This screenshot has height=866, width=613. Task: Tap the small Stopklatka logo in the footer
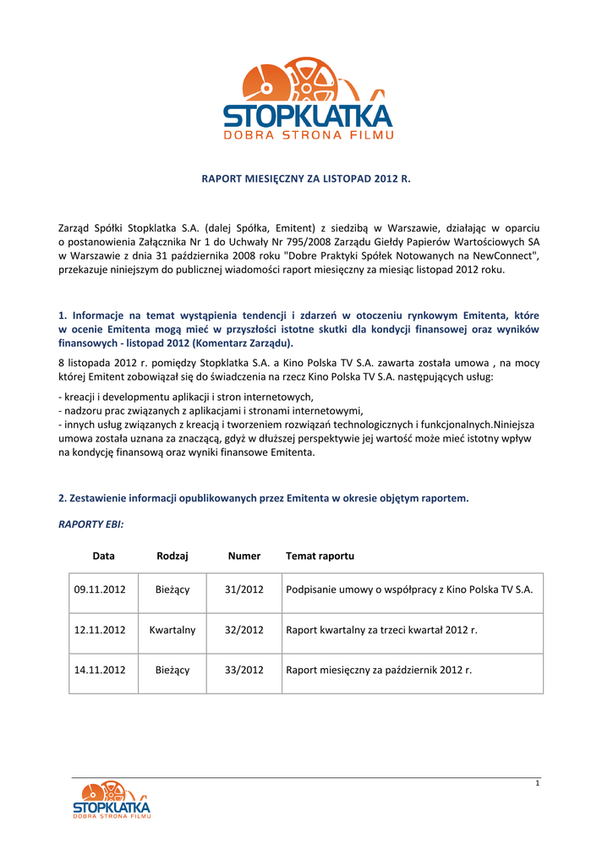tap(111, 800)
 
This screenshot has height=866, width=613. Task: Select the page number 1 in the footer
tap(537, 784)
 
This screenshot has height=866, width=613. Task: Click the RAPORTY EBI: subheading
tap(91, 524)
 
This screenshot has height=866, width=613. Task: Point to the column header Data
tap(104, 556)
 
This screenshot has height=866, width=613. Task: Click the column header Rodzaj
tap(172, 556)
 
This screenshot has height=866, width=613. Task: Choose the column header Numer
tap(244, 556)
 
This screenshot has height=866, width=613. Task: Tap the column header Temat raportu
tap(320, 556)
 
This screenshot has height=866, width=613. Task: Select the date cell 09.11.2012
tap(100, 589)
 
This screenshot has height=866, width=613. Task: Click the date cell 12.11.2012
tap(100, 630)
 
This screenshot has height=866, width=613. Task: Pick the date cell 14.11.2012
tap(100, 670)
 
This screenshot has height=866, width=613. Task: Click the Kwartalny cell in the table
tap(172, 630)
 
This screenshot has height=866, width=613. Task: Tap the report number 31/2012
tap(244, 589)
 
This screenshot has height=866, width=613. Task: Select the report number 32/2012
tap(244, 630)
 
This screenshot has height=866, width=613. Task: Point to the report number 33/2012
tap(244, 670)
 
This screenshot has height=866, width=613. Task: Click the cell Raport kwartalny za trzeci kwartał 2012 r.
tap(382, 630)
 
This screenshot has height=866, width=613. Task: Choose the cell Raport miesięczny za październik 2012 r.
tap(379, 670)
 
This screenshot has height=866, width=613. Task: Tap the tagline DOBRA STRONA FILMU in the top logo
tap(308, 134)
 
